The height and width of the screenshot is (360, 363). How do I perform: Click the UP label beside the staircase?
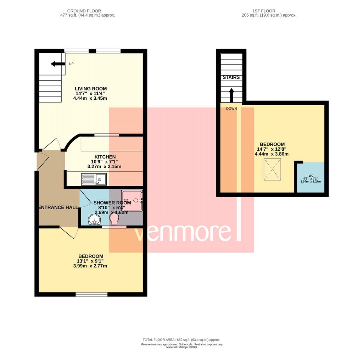(x=71, y=64)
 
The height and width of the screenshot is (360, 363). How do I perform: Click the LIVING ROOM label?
(x=91, y=89)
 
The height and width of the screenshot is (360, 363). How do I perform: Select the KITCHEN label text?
(x=105, y=157)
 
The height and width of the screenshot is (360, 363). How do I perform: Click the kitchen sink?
(x=94, y=179)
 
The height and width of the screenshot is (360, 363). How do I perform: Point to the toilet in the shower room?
(x=114, y=219)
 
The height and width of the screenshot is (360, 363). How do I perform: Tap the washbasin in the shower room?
(x=94, y=220)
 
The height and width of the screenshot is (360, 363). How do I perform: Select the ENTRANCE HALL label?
(x=58, y=207)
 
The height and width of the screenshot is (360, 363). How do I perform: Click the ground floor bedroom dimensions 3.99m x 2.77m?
(x=90, y=266)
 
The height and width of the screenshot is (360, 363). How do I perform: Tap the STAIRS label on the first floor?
(x=231, y=77)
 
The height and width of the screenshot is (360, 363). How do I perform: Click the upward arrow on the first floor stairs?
(x=231, y=95)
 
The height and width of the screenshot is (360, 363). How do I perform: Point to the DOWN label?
(x=231, y=109)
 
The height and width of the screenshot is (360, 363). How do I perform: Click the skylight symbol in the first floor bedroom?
(x=273, y=169)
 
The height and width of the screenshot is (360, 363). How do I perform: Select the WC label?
(x=311, y=176)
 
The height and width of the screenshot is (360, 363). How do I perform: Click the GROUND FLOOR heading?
(x=84, y=11)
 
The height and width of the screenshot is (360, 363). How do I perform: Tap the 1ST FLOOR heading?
(x=264, y=11)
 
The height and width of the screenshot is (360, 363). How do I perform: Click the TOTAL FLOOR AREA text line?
(x=181, y=340)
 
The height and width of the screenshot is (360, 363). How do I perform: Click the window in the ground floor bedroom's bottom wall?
(x=91, y=294)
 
